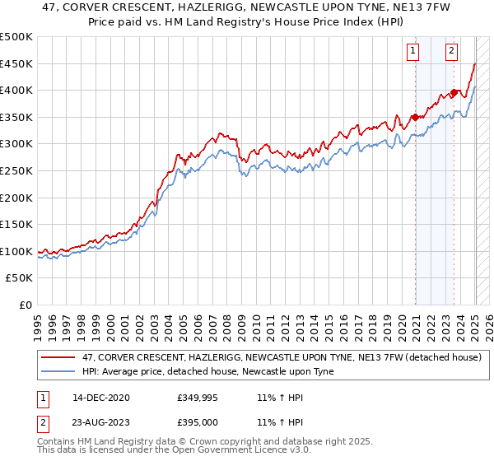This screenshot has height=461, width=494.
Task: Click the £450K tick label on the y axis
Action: coord(16,63)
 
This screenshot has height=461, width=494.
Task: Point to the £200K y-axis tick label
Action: coord(16,198)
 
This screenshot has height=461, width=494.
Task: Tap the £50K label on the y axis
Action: coord(20,278)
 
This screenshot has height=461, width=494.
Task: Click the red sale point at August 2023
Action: coord(454,93)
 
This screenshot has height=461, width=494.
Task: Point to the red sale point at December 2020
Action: coord(415,117)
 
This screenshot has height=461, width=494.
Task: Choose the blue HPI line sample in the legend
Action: coord(58,370)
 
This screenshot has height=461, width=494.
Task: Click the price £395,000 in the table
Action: coord(197,423)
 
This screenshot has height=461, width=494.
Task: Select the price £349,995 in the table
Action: coord(197,398)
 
